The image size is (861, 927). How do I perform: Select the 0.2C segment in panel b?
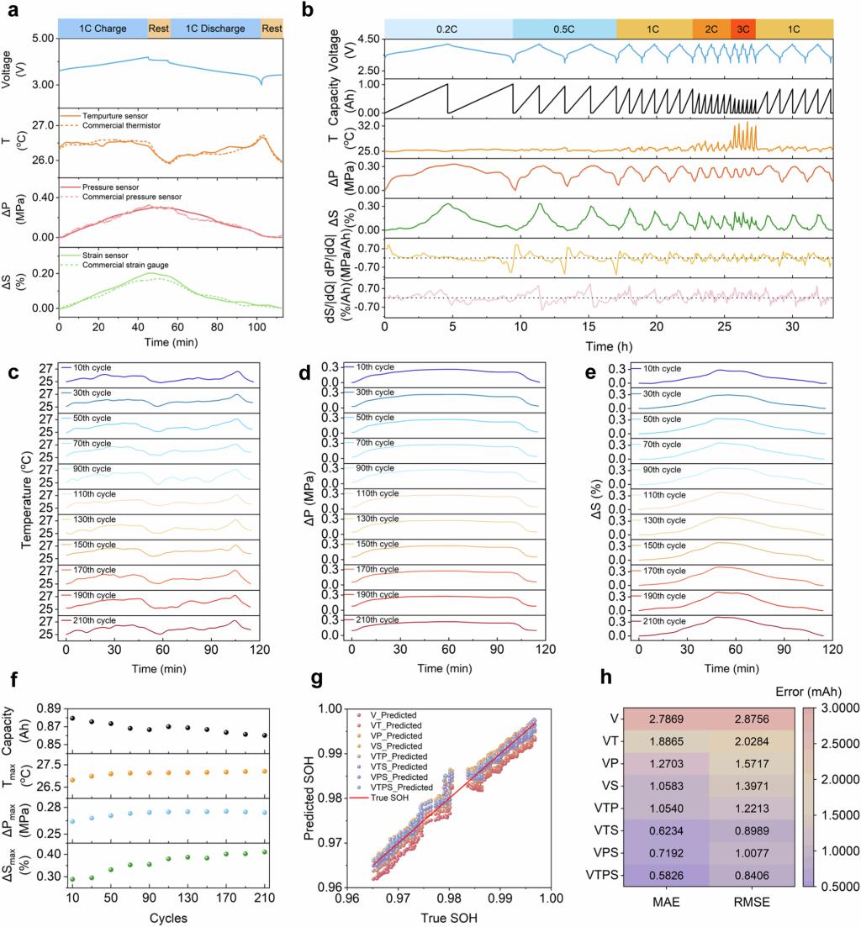point(448,28)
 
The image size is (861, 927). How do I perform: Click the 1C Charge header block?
point(103,28)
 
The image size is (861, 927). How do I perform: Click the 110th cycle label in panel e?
point(665,494)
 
